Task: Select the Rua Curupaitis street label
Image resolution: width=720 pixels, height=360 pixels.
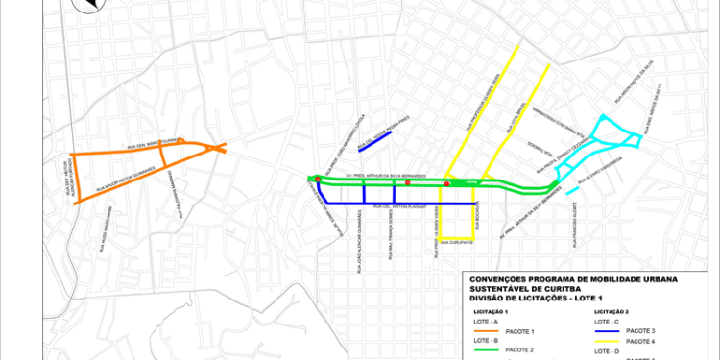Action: (x=457, y=243)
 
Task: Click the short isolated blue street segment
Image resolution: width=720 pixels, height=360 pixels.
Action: (x=372, y=140)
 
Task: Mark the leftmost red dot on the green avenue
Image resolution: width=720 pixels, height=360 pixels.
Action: (x=318, y=179)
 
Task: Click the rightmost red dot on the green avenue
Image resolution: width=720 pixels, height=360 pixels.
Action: (x=447, y=183)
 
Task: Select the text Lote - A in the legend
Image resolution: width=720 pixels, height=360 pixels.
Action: (x=486, y=322)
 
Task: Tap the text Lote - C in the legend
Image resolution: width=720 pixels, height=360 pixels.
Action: (x=607, y=321)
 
